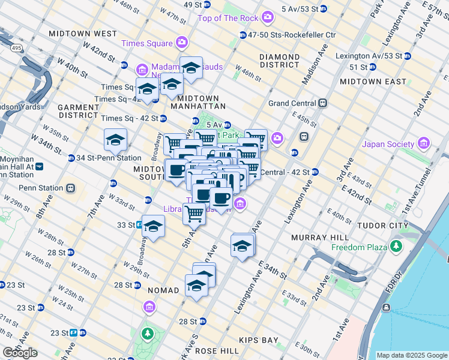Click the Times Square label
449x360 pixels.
coord(146,43)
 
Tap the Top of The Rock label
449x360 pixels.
coord(228,18)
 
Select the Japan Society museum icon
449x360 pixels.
coord(424,143)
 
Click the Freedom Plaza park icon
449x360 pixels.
coord(396,246)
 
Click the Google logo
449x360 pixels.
coord(20,353)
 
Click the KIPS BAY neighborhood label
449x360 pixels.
coord(259,340)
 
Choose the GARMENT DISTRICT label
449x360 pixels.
coord(78,110)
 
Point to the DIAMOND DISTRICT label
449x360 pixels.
coord(279,61)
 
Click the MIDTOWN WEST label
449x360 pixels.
coord(83,34)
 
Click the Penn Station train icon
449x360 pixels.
coord(71,188)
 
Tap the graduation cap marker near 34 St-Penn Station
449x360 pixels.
coord(115,141)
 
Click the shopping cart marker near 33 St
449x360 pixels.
coord(194,212)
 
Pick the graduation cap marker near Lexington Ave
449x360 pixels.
coord(242,245)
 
